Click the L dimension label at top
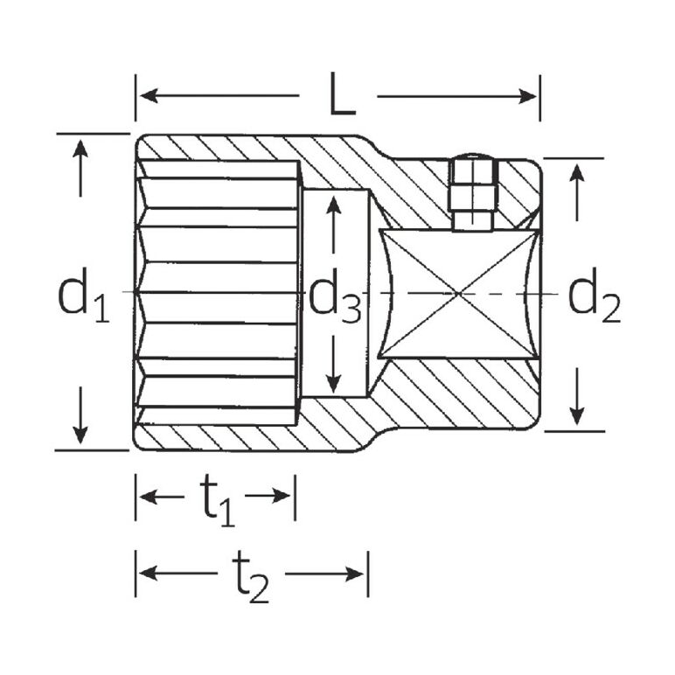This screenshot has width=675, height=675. click(x=342, y=94)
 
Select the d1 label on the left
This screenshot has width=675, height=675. click(x=83, y=296)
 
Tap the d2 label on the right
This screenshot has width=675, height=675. click(x=594, y=296)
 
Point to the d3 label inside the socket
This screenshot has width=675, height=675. click(x=335, y=297)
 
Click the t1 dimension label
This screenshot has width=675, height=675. click(x=218, y=503)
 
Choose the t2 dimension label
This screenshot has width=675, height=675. click(x=251, y=579)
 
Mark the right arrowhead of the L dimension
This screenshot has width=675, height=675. click(x=527, y=96)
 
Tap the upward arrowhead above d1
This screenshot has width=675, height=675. click(x=80, y=149)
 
